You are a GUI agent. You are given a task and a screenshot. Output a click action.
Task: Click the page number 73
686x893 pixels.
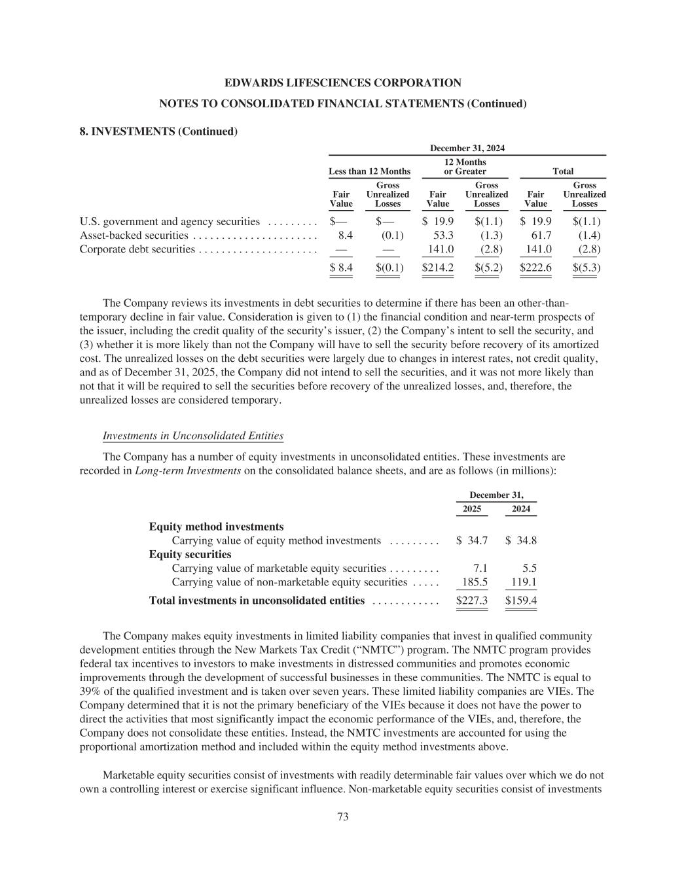(342, 816)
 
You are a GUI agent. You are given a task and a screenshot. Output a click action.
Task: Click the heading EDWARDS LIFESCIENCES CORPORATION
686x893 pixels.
(342, 83)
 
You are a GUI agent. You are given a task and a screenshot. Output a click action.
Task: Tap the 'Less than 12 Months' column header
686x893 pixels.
(369, 171)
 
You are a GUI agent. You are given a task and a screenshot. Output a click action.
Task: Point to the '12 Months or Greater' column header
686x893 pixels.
(465, 167)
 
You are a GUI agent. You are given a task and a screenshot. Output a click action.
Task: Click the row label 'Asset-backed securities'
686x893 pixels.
(134, 235)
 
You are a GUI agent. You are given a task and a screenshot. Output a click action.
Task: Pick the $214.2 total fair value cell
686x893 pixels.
(437, 268)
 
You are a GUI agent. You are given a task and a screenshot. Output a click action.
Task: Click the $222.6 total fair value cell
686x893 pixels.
(535, 268)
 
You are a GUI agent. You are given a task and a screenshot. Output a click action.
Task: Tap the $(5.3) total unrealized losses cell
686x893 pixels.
(586, 268)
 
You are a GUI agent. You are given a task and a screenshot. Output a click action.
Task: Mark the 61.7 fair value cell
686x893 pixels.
(541, 235)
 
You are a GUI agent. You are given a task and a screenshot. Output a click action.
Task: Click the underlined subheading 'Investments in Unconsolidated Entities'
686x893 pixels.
(193, 436)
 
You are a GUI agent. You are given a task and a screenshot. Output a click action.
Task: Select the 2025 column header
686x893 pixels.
(471, 509)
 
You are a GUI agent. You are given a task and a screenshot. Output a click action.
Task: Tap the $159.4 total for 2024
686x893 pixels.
(521, 601)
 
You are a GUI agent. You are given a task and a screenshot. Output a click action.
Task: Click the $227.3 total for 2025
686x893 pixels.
(471, 601)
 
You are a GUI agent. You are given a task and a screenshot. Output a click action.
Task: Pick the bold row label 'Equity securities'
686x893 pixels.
(190, 554)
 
